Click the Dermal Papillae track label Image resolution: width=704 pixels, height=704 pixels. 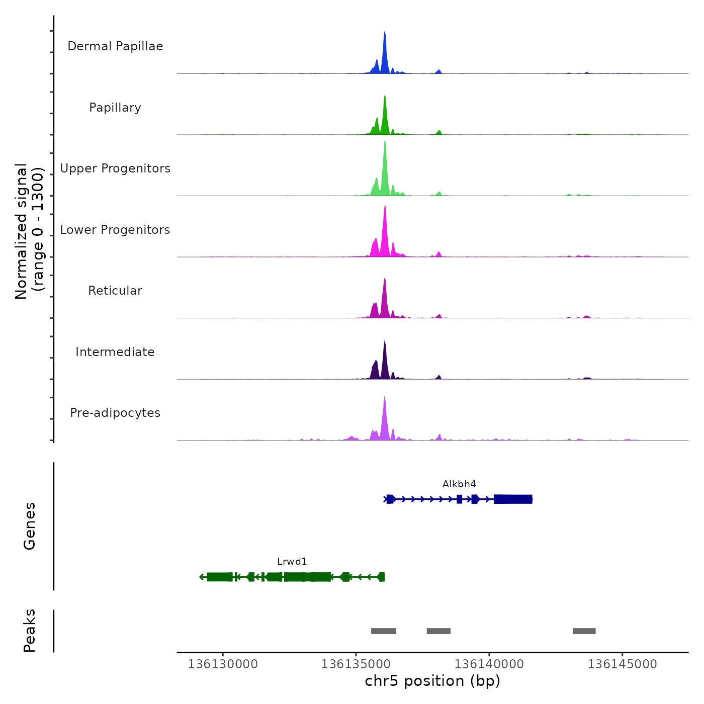[x=115, y=46]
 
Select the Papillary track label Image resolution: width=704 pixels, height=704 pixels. [x=115, y=108]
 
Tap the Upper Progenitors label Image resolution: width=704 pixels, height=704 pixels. [x=115, y=168]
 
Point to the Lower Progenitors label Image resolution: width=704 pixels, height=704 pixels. [x=115, y=230]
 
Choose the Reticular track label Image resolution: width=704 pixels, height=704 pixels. [x=115, y=291]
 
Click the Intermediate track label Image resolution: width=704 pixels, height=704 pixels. [x=115, y=352]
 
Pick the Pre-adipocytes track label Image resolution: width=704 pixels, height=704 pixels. [x=115, y=413]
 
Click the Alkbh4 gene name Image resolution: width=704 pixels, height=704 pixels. [x=459, y=484]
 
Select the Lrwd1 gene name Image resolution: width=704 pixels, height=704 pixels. [x=292, y=562]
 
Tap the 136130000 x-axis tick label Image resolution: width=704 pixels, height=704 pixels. [x=223, y=664]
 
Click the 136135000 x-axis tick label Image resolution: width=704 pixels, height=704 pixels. [x=356, y=664]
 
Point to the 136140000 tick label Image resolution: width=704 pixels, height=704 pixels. [x=489, y=664]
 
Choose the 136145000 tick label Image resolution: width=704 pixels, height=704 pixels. [x=623, y=664]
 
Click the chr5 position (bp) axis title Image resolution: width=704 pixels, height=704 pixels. [x=432, y=681]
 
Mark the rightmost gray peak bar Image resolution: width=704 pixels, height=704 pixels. [x=584, y=631]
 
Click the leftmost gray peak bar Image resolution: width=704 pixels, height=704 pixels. [x=384, y=631]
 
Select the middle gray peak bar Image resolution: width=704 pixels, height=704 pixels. [x=438, y=631]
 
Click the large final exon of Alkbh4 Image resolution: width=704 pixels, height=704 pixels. [x=513, y=499]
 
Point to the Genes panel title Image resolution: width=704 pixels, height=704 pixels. [x=30, y=526]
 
